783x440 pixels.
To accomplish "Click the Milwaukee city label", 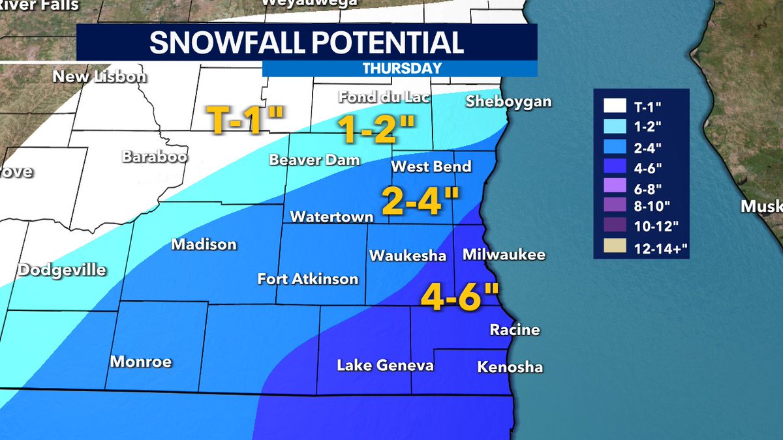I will [503, 255].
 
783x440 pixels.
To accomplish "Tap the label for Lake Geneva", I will [385, 366].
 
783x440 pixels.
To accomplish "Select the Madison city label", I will [204, 244].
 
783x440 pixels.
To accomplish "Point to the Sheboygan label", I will [508, 102].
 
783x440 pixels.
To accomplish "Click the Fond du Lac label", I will [375, 97].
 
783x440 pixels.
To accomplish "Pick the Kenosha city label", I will [510, 368].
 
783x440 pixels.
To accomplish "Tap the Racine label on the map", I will [515, 330].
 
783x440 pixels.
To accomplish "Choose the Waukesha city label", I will [407, 256].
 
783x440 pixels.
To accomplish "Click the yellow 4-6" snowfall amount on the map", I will [459, 298].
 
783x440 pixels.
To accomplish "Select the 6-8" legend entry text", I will [649, 187].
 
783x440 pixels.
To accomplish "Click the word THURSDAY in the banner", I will [401, 68].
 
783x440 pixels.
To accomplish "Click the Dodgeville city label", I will [61, 270].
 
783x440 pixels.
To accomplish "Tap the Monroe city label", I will [141, 361].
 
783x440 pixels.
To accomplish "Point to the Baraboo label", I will [154, 157].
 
